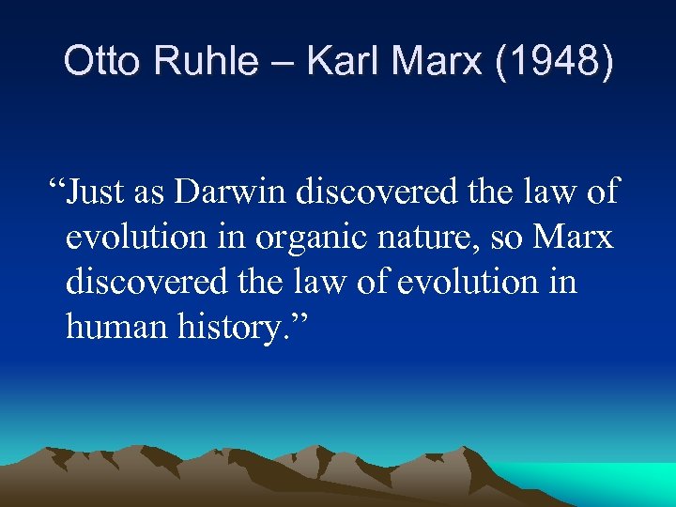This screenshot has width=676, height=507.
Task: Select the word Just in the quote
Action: (93, 192)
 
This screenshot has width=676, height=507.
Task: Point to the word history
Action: (242, 328)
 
